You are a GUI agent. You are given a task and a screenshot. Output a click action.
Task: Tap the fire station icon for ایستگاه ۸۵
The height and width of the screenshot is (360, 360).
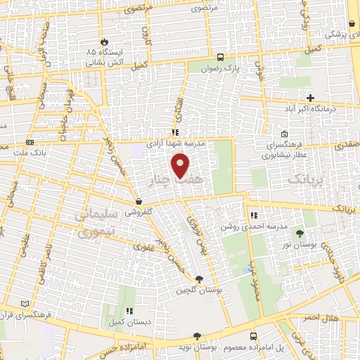pos(105,42)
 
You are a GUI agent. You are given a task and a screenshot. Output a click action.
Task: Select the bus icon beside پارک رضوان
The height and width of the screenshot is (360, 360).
pos(221,58)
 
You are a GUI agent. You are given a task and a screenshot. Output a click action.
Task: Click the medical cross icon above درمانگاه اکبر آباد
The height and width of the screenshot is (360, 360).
pos(309,98)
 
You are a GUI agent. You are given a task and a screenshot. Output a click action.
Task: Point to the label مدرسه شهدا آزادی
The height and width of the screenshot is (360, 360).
pos(175,142)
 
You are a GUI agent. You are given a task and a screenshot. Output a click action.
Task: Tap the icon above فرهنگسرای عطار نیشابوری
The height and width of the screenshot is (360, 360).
pos(283,134)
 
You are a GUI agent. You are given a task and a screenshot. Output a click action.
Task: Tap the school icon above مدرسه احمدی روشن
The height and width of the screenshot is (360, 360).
pos(254,215)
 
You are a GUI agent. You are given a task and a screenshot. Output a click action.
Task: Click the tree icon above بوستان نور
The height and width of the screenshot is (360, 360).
pos(301,233)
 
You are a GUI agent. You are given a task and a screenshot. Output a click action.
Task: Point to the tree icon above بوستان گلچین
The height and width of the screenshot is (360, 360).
pos(199,279)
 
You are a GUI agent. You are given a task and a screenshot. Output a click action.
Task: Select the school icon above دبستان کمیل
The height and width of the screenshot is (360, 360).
pos(128,310)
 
